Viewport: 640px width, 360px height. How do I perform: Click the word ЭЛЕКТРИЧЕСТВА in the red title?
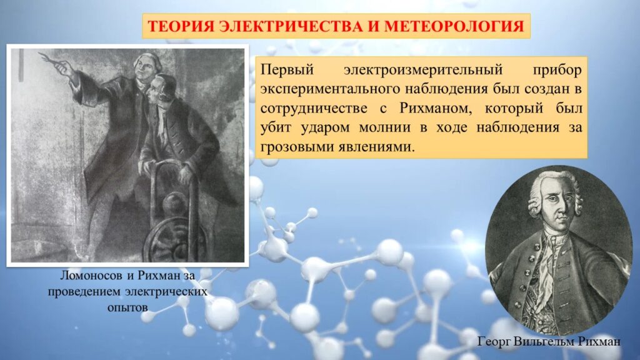point(291,26)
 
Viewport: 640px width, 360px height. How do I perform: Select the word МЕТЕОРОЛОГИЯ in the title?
point(454,26)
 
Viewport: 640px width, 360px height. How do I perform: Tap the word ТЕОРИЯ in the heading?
point(181,26)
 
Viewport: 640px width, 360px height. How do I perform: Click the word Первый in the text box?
point(287,70)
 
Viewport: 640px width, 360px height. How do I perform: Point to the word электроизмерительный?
point(423,70)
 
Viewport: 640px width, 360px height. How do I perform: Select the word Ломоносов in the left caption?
point(91,276)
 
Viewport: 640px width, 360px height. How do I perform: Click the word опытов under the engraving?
point(127,307)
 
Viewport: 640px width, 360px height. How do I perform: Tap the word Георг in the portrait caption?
point(494,342)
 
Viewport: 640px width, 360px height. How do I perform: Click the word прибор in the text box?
point(557,71)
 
